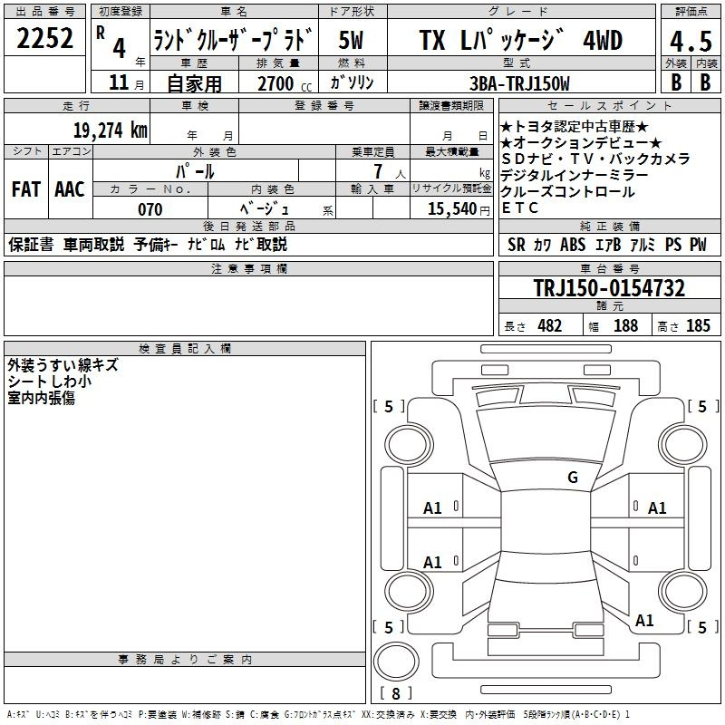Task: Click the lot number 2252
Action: [x=44, y=38]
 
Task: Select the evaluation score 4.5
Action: [x=691, y=42]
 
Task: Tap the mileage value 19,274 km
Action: [x=111, y=130]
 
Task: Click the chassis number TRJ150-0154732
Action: [x=609, y=288]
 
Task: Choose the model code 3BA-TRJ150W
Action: [x=519, y=83]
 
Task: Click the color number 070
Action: [x=150, y=209]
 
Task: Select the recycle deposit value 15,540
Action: [x=452, y=209]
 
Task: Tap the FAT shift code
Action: [x=26, y=189]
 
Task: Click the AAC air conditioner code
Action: [x=70, y=189]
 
